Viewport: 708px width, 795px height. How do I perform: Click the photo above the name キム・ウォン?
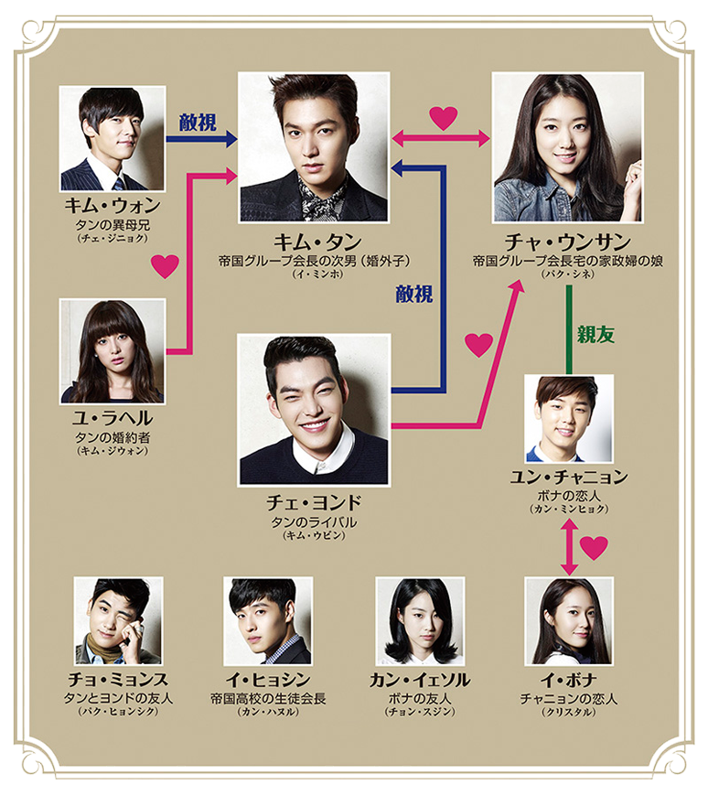[x=113, y=138]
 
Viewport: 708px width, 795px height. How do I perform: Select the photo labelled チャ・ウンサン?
[x=567, y=147]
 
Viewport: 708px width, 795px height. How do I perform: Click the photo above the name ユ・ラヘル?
[x=113, y=351]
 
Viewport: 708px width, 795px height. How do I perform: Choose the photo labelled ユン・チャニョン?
[x=568, y=418]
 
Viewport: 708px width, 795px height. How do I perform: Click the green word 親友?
[x=595, y=334]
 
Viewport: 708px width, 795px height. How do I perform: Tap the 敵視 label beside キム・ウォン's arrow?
[x=198, y=122]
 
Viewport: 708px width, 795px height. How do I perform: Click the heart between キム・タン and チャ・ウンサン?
[x=443, y=117]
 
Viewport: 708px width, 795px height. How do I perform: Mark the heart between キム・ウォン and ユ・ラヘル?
[x=165, y=266]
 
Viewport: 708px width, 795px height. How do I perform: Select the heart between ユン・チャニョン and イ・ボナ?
[x=594, y=547]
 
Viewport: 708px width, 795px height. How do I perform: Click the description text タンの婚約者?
[x=112, y=436]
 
